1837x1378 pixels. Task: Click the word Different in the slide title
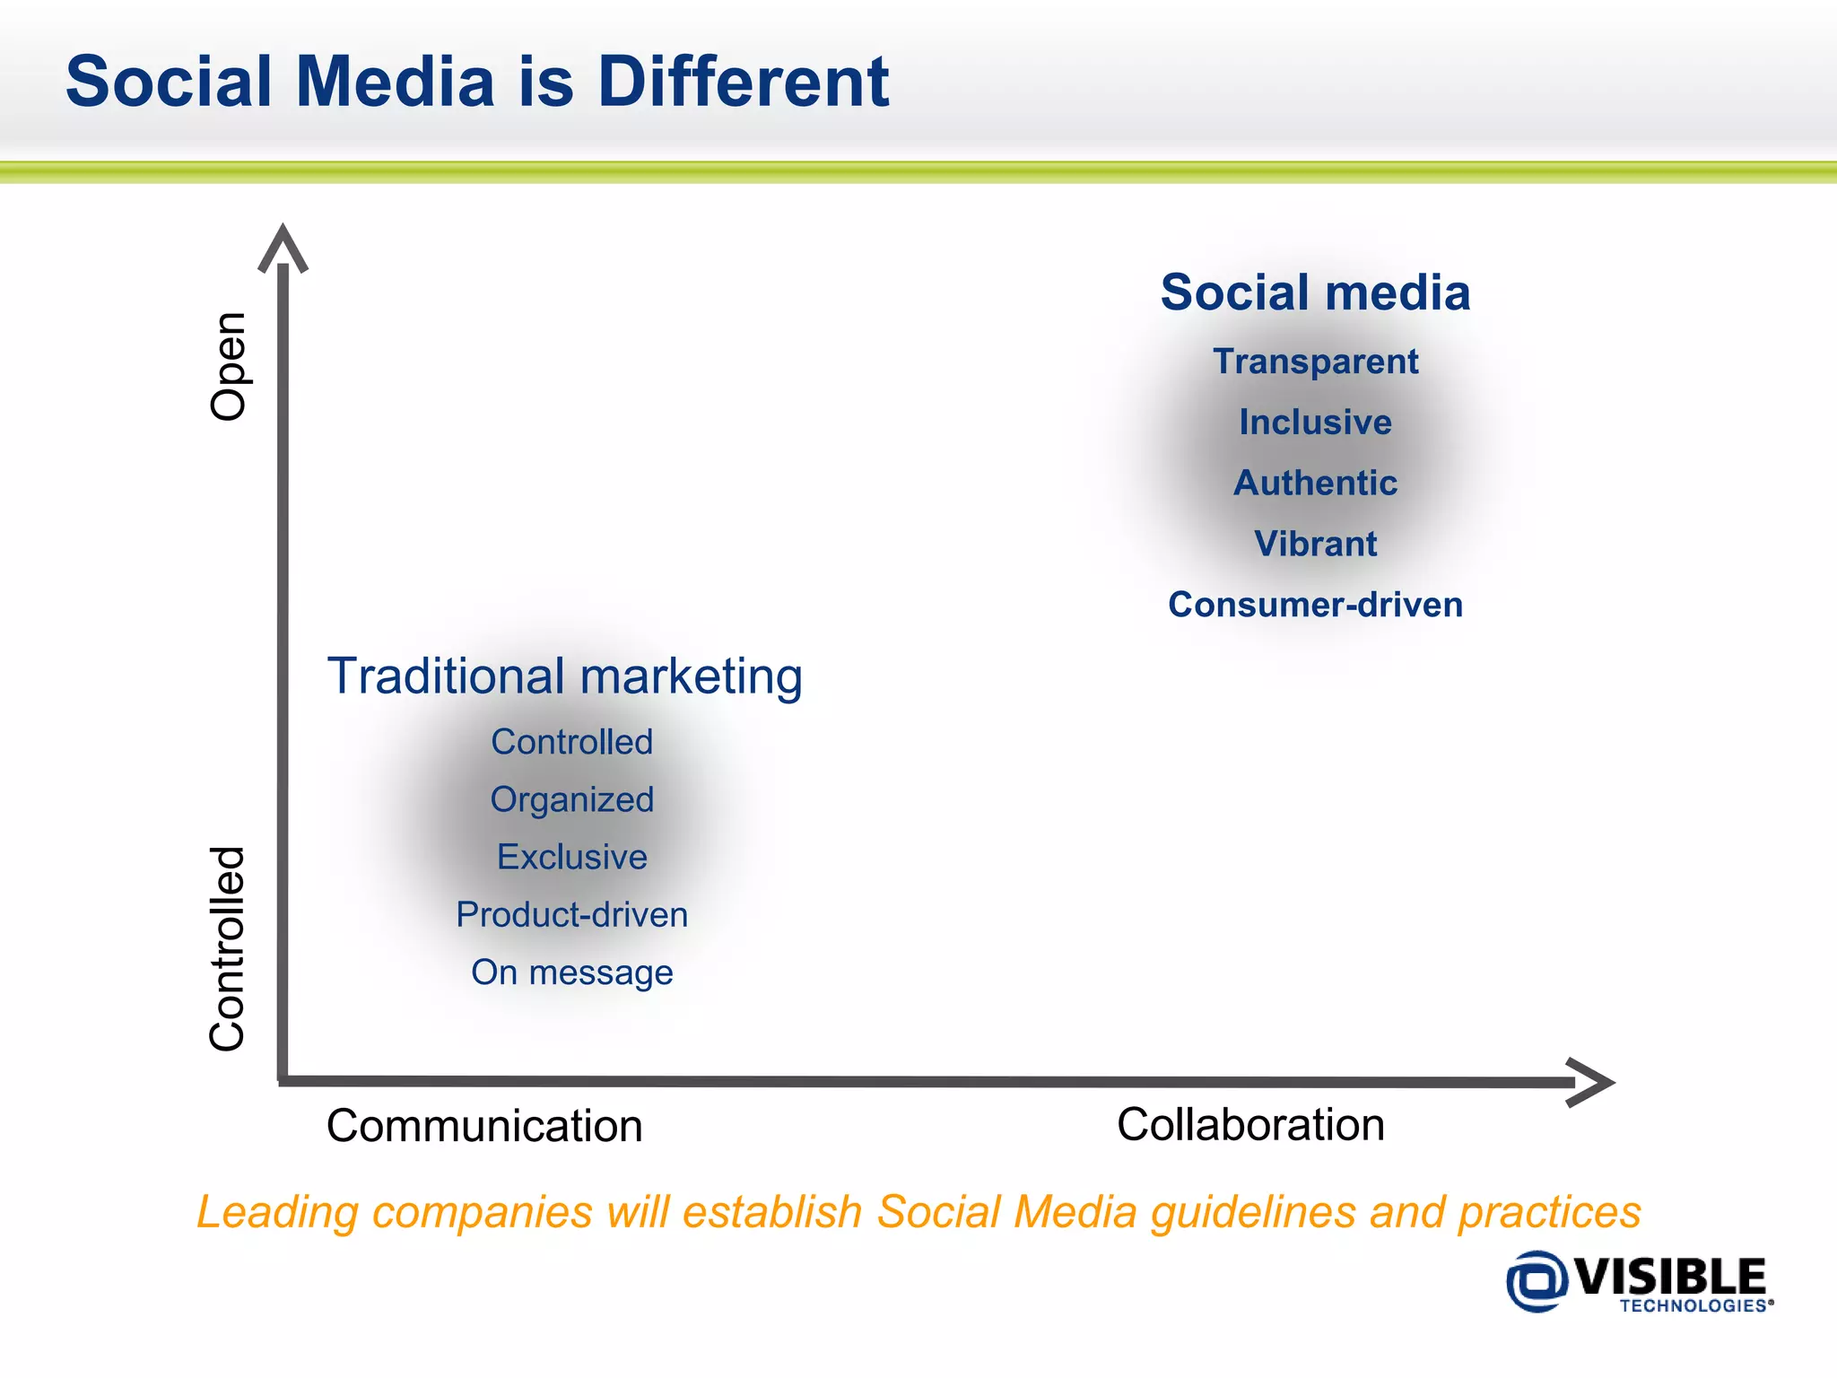pyautogui.click(x=743, y=82)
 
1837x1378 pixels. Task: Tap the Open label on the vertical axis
pyautogui.click(x=229, y=366)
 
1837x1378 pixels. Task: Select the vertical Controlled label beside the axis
pyautogui.click(x=227, y=948)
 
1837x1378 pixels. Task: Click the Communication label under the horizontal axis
pyautogui.click(x=484, y=1126)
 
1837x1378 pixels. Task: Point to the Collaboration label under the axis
pyautogui.click(x=1250, y=1124)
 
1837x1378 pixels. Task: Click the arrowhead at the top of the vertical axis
pyautogui.click(x=283, y=247)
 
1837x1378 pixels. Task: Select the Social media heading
pyautogui.click(x=1315, y=292)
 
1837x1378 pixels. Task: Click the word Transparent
pyautogui.click(x=1315, y=362)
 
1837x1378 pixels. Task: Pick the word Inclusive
pyautogui.click(x=1315, y=423)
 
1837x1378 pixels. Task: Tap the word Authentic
pyautogui.click(x=1315, y=484)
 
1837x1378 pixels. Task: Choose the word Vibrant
pyautogui.click(x=1315, y=544)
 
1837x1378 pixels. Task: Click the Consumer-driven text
pyautogui.click(x=1315, y=605)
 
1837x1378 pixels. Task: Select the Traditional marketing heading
pyautogui.click(x=564, y=676)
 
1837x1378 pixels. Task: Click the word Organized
pyautogui.click(x=572, y=800)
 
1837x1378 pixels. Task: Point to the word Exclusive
pyautogui.click(x=572, y=858)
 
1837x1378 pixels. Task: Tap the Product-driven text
pyautogui.click(x=572, y=915)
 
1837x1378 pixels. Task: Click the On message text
pyautogui.click(x=572, y=972)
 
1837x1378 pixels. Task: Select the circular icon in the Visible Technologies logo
pyautogui.click(x=1537, y=1281)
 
